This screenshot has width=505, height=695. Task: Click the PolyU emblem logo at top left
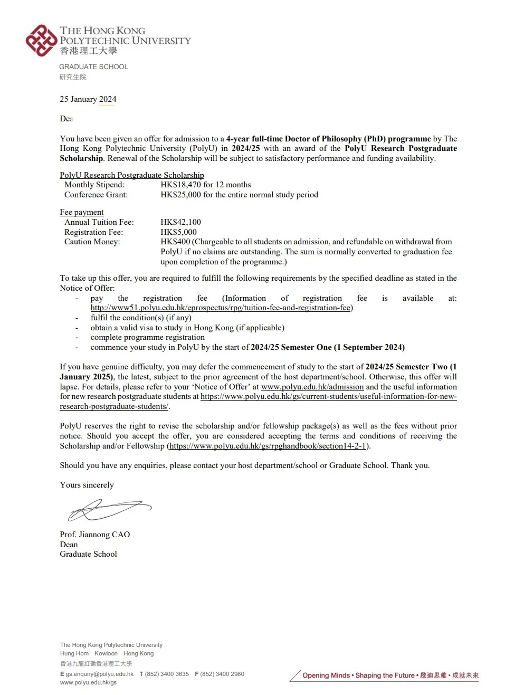pos(41,40)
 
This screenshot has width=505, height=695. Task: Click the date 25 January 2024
pos(88,99)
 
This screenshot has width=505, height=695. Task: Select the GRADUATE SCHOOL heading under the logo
pos(93,67)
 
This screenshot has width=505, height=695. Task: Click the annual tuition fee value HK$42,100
pos(181,222)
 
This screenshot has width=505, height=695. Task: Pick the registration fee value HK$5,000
pos(179,232)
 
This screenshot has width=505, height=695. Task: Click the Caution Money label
pos(92,242)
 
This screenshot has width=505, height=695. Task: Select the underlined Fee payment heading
pos(82,212)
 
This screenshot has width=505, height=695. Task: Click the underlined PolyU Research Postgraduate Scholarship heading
pos(132,175)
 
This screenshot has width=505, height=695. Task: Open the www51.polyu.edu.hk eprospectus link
pos(222,308)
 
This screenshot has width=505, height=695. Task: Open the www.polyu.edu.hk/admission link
pos(312,387)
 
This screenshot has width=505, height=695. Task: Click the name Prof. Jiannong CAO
pos(95,535)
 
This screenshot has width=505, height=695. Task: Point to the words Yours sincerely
pos(87,485)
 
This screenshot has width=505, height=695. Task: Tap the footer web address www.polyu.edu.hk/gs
pos(88,682)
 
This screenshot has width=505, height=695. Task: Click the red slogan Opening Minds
pos(326,675)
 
